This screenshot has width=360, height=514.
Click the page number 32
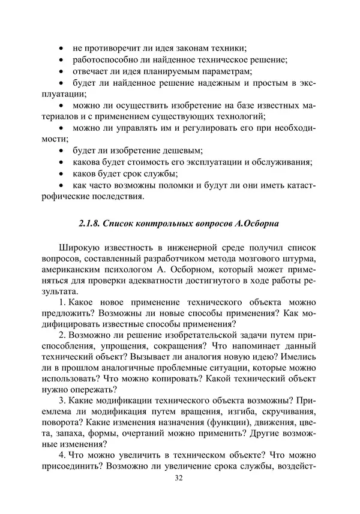[x=178, y=478]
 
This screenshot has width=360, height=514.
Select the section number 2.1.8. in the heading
[x=91, y=224]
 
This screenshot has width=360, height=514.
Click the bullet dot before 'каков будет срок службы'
[x=63, y=174]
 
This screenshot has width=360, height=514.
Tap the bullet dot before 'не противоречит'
[x=63, y=48]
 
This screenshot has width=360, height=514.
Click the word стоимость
[x=152, y=162]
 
